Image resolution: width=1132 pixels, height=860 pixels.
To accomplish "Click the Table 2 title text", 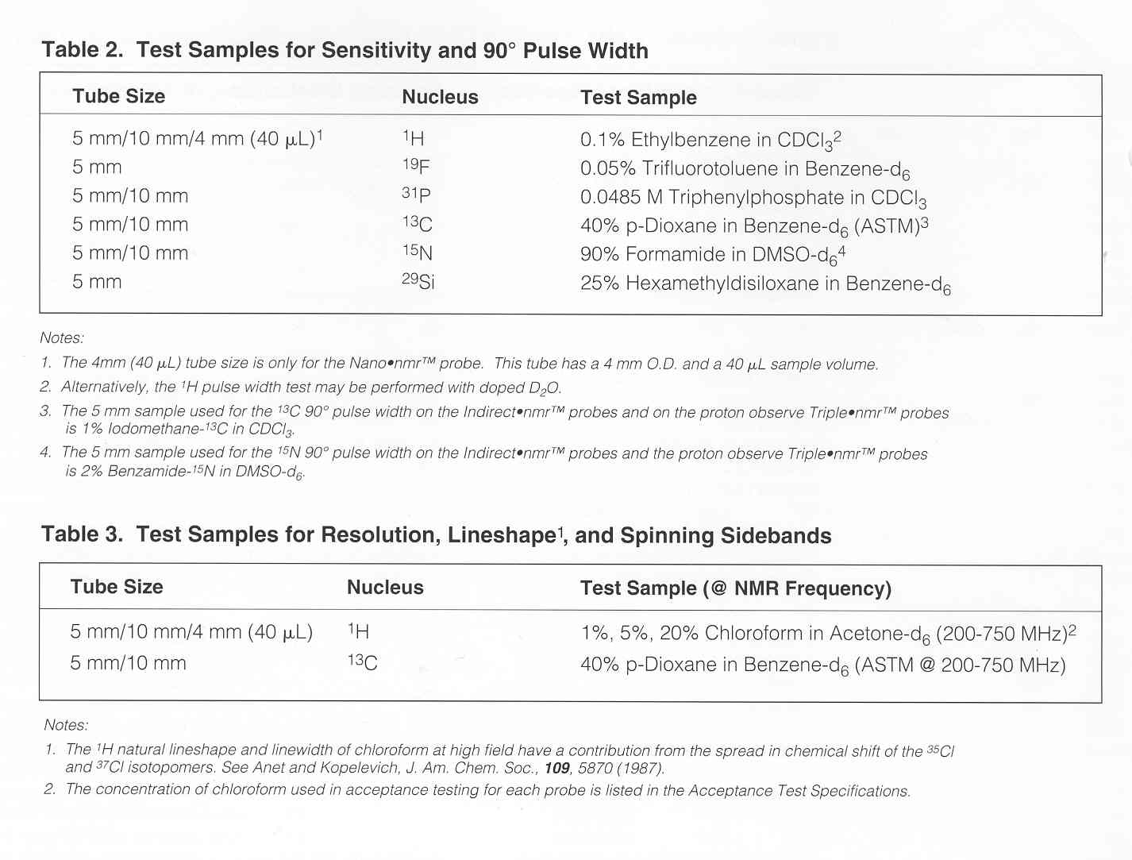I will (x=345, y=51).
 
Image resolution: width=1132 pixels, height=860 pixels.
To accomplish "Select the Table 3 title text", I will (x=436, y=535).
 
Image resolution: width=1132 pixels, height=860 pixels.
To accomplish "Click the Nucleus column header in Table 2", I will (x=440, y=98).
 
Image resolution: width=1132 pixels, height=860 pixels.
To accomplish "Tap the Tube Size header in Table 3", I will (x=117, y=587).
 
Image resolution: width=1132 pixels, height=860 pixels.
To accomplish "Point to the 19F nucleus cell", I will (x=416, y=167).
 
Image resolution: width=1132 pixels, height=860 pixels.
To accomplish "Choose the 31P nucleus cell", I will (x=416, y=195).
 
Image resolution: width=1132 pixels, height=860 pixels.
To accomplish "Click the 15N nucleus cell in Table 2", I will (x=417, y=253).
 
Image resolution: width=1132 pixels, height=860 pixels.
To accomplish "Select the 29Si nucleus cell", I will (x=418, y=281).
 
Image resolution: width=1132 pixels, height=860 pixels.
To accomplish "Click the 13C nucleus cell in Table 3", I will (x=362, y=662).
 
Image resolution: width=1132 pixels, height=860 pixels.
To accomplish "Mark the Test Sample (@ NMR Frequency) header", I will (x=735, y=588).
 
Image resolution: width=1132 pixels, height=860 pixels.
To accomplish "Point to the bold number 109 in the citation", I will (x=556, y=768).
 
